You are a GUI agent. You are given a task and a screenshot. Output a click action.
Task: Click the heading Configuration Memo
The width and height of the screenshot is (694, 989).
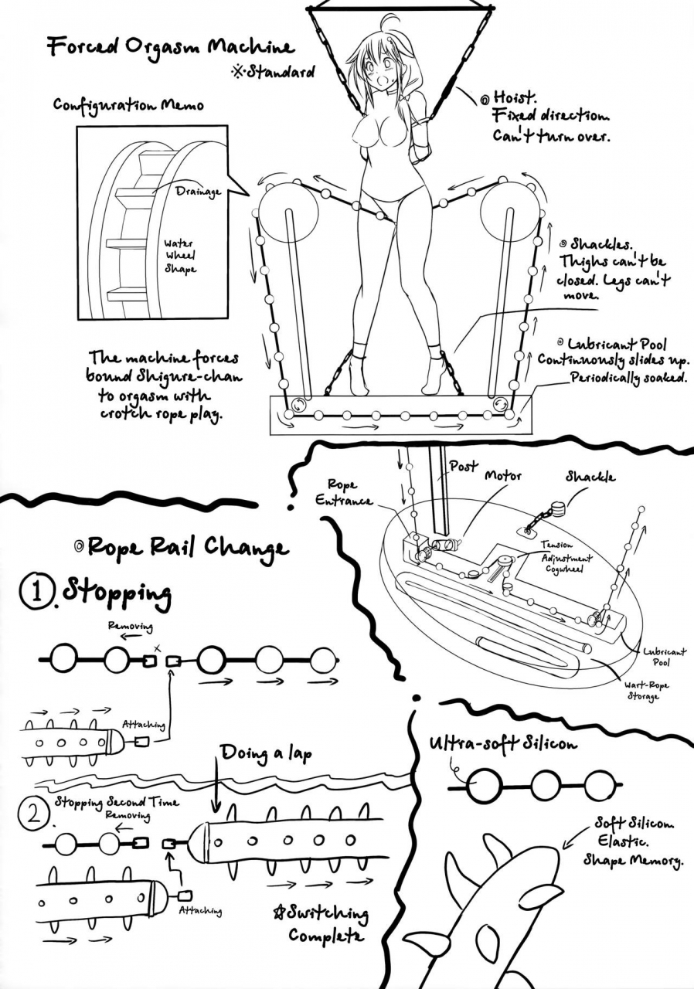click(x=128, y=104)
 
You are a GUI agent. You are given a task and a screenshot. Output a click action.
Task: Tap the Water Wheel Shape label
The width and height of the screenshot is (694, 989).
click(x=180, y=257)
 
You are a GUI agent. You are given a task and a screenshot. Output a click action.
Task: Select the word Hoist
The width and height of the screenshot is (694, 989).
click(x=514, y=99)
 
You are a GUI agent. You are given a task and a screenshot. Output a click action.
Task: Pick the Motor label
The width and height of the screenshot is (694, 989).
click(x=503, y=476)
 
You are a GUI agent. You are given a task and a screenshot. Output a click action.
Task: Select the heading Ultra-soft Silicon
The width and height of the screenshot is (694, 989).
click(x=503, y=744)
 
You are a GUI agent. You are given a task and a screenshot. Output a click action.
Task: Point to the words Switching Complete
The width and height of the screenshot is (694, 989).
click(x=328, y=924)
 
